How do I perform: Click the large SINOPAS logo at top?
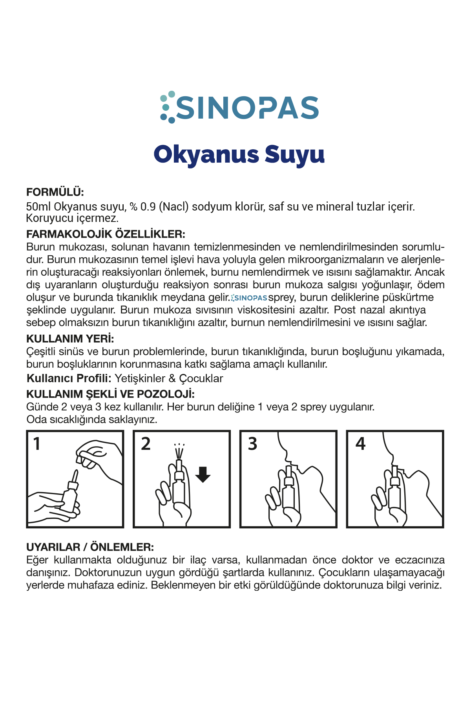click(x=239, y=107)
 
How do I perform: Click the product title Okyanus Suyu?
click(x=239, y=154)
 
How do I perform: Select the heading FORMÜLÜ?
click(x=55, y=192)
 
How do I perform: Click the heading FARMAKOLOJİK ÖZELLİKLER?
click(x=106, y=234)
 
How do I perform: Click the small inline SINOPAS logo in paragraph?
click(x=249, y=298)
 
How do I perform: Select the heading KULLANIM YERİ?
click(x=70, y=339)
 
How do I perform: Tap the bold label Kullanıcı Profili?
click(x=69, y=379)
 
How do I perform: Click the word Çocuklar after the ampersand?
click(x=201, y=379)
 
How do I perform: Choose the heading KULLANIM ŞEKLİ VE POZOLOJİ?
click(x=110, y=394)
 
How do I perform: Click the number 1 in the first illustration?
click(x=37, y=444)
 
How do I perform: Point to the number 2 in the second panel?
click(x=146, y=444)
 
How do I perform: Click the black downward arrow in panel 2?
click(x=203, y=474)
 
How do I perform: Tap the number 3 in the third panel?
click(x=252, y=444)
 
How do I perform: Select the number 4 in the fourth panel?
click(x=360, y=444)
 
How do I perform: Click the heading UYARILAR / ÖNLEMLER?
click(x=90, y=547)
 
